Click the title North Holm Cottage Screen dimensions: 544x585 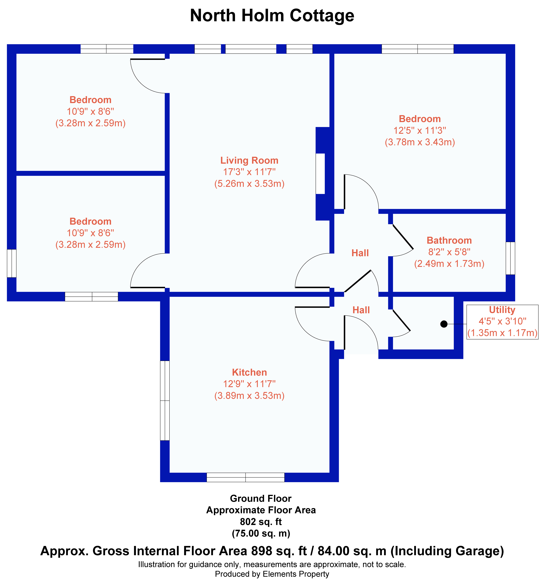click(x=272, y=16)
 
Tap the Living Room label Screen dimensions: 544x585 click(x=249, y=160)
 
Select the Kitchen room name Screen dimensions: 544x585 click(x=249, y=372)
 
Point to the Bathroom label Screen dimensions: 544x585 click(x=449, y=240)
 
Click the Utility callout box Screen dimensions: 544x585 click(x=502, y=322)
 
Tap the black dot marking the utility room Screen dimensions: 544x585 click(x=444, y=324)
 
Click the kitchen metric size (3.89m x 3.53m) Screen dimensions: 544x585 click(x=249, y=395)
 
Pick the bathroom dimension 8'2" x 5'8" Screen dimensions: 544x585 click(x=449, y=252)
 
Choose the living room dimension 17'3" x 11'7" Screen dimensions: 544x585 click(x=249, y=172)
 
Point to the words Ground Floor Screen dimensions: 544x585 click(x=261, y=498)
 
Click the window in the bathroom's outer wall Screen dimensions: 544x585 click(x=511, y=258)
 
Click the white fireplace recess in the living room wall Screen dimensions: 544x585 click(x=320, y=174)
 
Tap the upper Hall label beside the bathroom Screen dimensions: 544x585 click(x=360, y=253)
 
